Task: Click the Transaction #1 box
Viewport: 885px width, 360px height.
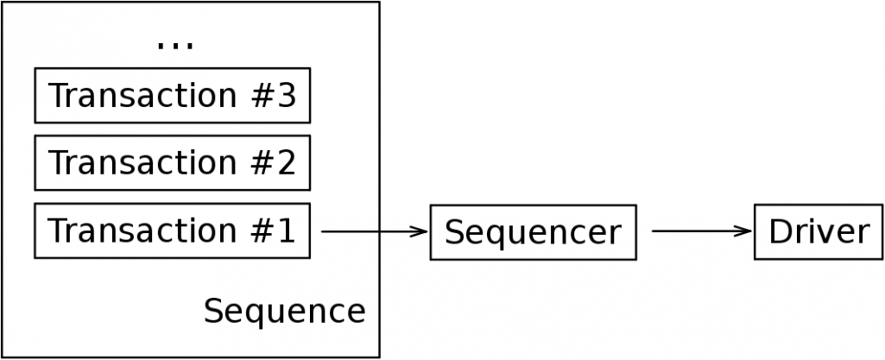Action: click(172, 231)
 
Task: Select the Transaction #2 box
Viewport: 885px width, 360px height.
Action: click(172, 162)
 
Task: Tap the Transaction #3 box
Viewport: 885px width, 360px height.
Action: click(172, 95)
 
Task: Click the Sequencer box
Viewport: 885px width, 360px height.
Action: click(533, 231)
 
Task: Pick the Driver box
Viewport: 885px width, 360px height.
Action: click(819, 231)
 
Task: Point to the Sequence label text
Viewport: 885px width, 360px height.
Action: click(284, 311)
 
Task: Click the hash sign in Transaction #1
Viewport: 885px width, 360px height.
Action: click(258, 231)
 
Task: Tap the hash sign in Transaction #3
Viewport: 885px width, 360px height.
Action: click(258, 95)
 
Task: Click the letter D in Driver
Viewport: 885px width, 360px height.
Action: click(779, 231)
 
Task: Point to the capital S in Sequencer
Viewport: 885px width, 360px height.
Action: click(455, 231)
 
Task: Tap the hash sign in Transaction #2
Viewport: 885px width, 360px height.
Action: click(258, 162)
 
